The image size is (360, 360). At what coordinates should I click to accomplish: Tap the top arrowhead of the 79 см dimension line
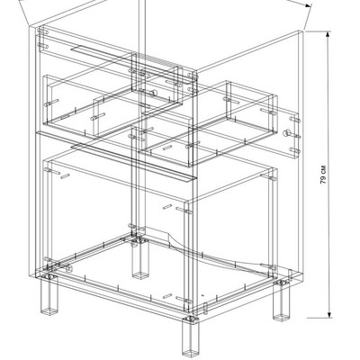328,34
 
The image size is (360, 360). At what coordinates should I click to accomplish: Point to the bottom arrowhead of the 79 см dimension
329,314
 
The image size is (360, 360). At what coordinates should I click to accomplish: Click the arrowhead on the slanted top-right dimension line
308,4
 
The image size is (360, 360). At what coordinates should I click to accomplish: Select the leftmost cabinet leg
49,294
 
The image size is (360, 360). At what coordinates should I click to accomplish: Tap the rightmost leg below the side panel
281,301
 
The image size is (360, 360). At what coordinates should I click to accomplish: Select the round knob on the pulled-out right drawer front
287,133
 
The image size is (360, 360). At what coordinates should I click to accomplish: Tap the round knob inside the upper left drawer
153,93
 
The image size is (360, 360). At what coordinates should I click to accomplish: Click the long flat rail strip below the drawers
133,163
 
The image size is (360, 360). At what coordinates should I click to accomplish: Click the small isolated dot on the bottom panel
203,295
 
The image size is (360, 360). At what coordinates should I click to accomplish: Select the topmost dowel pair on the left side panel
43,31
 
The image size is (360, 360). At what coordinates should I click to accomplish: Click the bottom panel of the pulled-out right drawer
207,141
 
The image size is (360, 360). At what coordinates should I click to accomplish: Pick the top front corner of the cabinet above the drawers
195,72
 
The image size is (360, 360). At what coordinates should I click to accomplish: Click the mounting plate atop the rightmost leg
282,282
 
